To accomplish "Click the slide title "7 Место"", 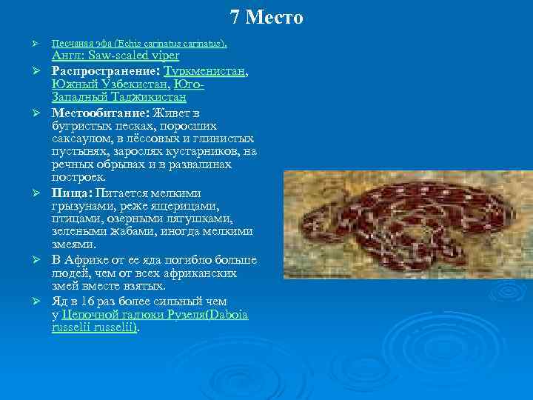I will click(266, 17).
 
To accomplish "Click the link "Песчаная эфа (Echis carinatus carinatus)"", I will click(138, 44).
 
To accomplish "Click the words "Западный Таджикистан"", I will click(118, 97).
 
